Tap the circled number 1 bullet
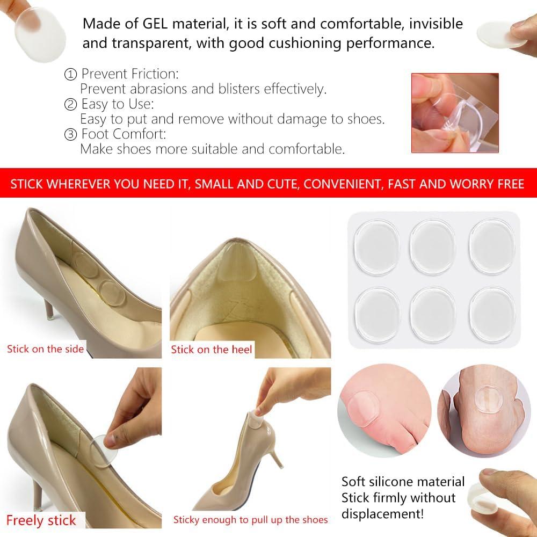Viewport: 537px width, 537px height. click(x=70, y=74)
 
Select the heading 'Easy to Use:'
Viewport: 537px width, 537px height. click(x=118, y=104)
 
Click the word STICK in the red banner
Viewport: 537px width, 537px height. click(x=27, y=185)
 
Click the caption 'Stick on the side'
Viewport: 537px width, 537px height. click(x=46, y=349)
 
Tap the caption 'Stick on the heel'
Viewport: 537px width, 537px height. click(x=212, y=350)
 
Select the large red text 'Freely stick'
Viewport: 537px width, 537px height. click(x=41, y=520)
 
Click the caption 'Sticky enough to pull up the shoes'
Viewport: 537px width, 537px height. click(x=250, y=520)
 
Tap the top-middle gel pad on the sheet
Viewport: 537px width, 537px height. click(x=433, y=247)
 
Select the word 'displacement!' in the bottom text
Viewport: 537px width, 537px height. click(x=382, y=514)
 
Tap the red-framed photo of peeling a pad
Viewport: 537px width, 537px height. click(x=455, y=113)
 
